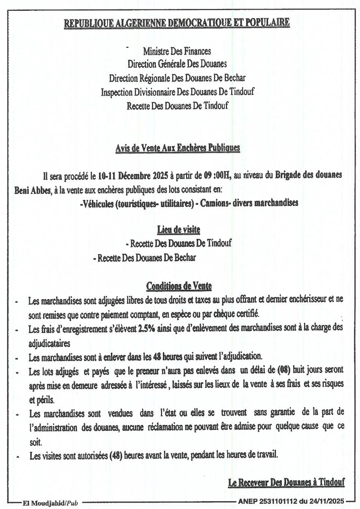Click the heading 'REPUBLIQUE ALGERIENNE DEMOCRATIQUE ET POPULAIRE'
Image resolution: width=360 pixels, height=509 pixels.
(x=177, y=23)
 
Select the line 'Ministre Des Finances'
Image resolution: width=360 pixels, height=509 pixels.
(x=177, y=51)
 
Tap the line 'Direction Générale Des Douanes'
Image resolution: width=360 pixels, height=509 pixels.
(x=177, y=64)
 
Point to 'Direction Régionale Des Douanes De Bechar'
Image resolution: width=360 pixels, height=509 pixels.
(x=177, y=78)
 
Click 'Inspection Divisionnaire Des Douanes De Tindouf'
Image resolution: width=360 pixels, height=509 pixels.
(x=177, y=92)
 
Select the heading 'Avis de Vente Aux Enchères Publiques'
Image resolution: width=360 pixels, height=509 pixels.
(x=177, y=148)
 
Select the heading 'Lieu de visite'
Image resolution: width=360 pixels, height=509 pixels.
(x=179, y=229)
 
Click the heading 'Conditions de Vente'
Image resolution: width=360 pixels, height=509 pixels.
(x=179, y=287)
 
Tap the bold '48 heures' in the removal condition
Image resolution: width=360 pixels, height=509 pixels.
(x=167, y=357)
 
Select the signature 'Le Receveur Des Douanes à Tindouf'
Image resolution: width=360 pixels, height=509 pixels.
(x=286, y=482)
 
